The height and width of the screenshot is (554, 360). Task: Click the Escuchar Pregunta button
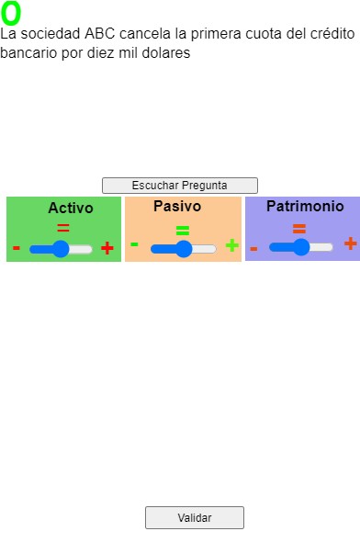180,186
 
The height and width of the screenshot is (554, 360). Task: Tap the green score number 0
11,14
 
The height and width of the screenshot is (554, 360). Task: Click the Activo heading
71,208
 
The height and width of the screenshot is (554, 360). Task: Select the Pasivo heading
177,206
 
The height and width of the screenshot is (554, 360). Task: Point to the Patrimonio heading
305,206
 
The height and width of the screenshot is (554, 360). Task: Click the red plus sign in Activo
107,248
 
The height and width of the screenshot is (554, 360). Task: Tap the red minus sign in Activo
17,248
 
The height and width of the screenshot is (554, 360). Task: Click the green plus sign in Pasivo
232,245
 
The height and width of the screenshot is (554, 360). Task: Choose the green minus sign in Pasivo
134,244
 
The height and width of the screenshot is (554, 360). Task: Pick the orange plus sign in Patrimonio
351,243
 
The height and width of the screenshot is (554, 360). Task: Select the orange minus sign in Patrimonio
253,249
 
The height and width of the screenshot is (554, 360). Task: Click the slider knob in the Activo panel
61,249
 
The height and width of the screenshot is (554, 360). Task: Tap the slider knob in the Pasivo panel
184,249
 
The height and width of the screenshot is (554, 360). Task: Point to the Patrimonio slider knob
301,247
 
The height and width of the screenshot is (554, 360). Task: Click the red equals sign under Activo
63,228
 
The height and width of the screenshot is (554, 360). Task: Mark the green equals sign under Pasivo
183,231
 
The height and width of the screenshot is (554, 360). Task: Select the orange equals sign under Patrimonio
299,229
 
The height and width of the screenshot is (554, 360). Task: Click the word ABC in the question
99,34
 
